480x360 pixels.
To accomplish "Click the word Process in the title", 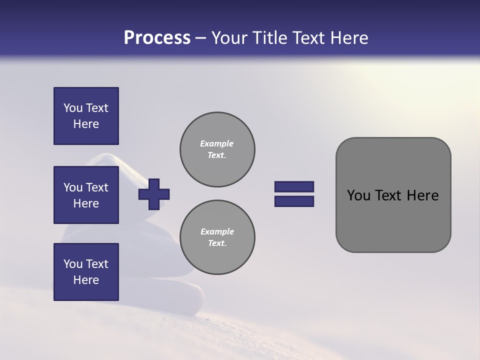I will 157,38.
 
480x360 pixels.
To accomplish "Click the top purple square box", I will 86,116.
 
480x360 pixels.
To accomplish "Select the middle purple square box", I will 86,195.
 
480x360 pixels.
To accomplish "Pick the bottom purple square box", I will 86,271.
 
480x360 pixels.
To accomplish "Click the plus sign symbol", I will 154,194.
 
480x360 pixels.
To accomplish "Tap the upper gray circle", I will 217,149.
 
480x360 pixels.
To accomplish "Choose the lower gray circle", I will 217,237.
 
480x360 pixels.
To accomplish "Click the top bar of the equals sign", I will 294,186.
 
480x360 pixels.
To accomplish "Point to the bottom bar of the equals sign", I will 294,201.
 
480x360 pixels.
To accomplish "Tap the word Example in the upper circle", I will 217,143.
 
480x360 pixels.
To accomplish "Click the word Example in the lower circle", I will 217,231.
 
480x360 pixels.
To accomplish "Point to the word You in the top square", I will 73,108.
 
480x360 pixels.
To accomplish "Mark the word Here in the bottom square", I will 86,280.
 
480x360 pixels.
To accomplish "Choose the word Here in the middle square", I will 86,203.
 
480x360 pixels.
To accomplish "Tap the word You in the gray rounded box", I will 358,195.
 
